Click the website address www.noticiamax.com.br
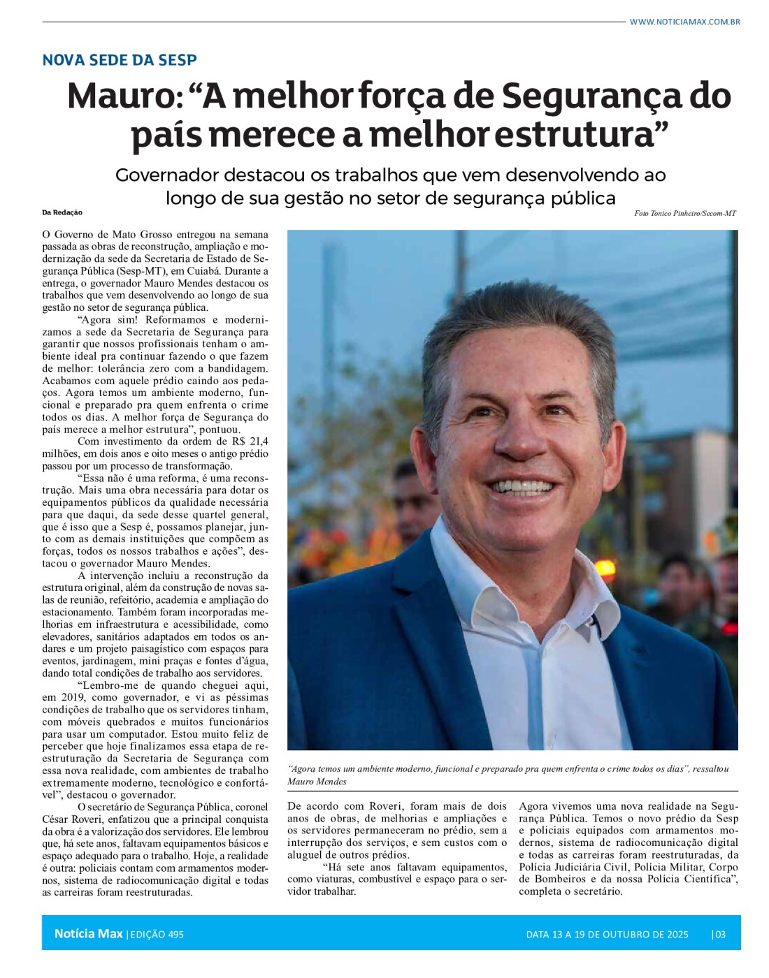[684, 22]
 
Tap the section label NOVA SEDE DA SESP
[120, 60]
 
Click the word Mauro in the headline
[124, 97]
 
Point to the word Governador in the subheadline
[167, 175]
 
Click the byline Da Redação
[62, 212]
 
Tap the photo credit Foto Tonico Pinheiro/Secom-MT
[684, 213]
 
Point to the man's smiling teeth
[526, 486]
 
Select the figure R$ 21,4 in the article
[250, 441]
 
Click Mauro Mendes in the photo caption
[317, 781]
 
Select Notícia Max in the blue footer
[88, 934]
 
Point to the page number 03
[720, 935]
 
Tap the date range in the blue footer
[607, 935]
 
